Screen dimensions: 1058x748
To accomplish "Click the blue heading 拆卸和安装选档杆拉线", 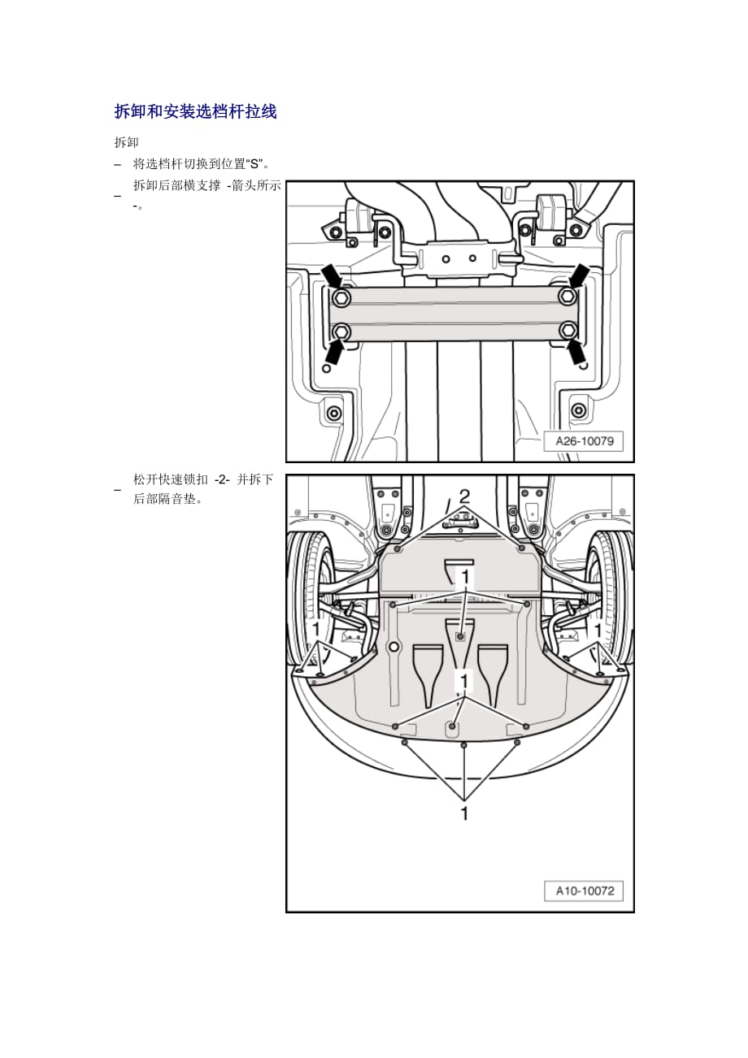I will click(195, 112).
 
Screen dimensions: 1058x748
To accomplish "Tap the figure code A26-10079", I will click(584, 441).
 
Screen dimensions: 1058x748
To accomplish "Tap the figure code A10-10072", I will click(584, 891).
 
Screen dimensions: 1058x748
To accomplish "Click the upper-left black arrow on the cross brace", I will click(332, 275).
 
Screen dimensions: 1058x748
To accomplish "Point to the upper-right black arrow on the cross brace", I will click(579, 275).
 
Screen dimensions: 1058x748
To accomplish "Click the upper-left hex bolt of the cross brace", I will click(342, 297).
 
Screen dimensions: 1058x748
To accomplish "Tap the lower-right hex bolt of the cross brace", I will click(568, 330).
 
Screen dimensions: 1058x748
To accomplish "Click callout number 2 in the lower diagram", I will click(464, 496).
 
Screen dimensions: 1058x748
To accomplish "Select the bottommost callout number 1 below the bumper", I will click(464, 813).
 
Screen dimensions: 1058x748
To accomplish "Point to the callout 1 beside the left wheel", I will click(317, 629).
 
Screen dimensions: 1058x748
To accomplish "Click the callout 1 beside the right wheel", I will click(598, 629).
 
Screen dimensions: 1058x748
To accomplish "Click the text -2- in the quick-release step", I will click(222, 480).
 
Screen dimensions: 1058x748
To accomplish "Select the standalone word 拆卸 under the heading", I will click(126, 142).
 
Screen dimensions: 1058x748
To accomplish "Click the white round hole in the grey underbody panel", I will click(394, 648).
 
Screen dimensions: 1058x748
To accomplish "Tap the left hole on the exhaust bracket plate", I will click(446, 259).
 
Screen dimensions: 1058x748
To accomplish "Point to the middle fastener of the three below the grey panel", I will click(463, 745).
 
